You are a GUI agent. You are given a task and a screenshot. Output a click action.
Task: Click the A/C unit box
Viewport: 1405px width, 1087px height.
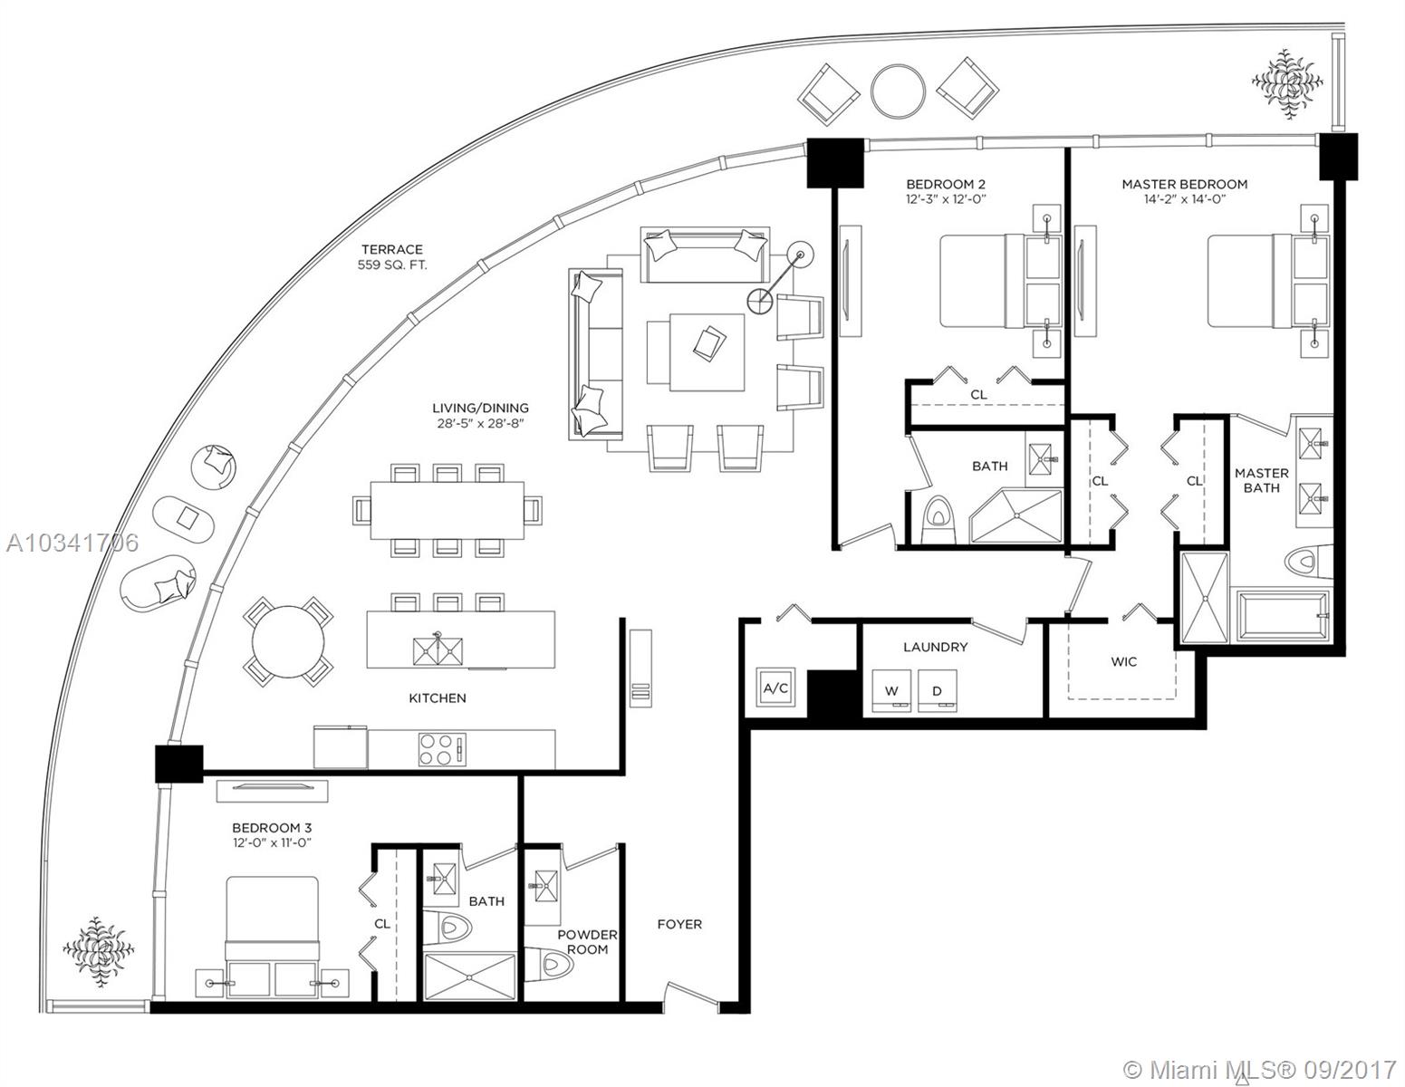[x=776, y=688]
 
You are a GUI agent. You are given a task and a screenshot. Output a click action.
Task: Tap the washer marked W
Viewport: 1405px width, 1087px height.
[x=891, y=691]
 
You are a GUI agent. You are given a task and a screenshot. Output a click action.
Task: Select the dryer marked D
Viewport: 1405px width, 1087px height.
[x=937, y=691]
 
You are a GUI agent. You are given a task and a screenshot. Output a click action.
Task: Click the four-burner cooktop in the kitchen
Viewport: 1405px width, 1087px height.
[x=442, y=749]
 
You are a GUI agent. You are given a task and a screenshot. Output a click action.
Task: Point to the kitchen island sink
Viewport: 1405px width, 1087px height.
[x=438, y=650]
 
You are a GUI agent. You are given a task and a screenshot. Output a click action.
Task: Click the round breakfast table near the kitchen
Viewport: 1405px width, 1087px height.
[x=288, y=641]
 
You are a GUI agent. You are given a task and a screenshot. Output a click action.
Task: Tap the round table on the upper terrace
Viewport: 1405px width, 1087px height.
[x=898, y=91]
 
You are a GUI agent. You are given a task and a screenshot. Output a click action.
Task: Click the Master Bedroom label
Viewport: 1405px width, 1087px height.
[x=1185, y=184]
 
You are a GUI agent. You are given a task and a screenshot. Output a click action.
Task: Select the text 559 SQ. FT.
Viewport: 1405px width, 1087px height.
[x=392, y=265]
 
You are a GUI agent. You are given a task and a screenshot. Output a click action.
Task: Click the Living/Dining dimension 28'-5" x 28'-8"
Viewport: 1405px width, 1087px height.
[x=480, y=423]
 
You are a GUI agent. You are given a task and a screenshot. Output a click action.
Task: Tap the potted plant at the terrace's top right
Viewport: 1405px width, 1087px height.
[x=1286, y=83]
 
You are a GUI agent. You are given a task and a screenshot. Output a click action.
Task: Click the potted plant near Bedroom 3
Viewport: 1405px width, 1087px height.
[x=99, y=951]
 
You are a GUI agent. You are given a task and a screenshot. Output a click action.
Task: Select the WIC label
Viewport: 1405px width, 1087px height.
[x=1124, y=662]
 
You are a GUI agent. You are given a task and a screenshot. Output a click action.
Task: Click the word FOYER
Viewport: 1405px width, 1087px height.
[x=679, y=924]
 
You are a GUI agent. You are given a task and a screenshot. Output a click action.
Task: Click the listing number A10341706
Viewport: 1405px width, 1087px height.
[x=72, y=543]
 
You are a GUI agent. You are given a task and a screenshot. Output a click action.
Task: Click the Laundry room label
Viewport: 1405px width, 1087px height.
[x=935, y=647]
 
